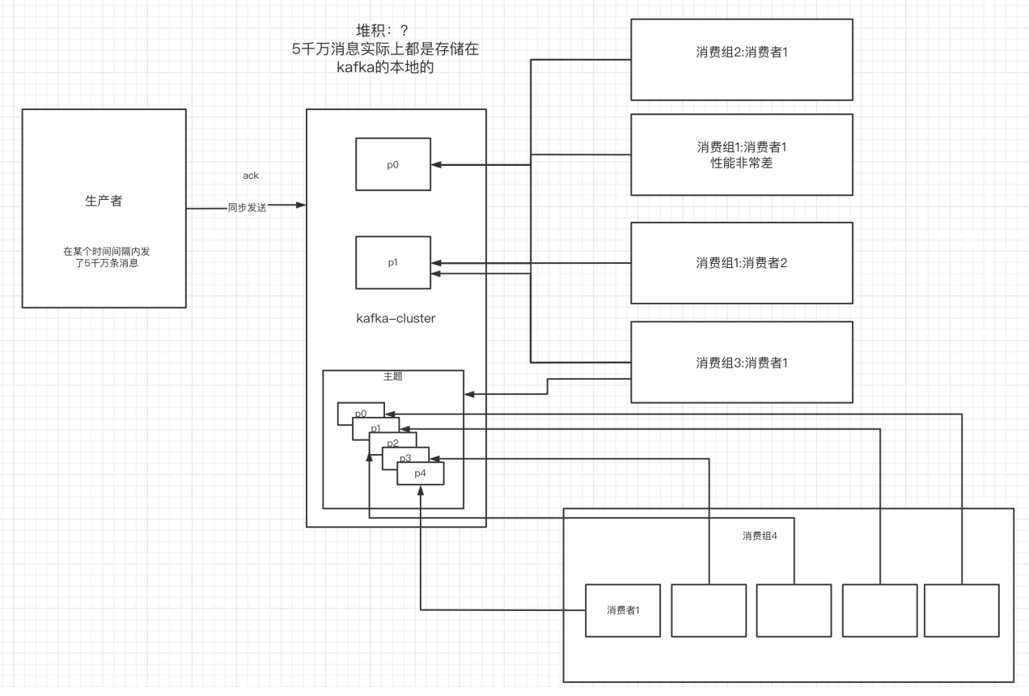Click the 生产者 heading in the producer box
point(104,201)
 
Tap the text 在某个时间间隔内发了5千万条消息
point(104,257)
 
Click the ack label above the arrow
point(251,176)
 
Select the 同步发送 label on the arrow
point(247,208)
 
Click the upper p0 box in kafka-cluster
point(393,164)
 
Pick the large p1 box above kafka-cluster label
point(393,262)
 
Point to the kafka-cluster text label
point(396,318)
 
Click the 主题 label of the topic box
point(393,376)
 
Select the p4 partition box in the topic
point(421,473)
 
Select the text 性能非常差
point(742,163)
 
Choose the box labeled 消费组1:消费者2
point(742,263)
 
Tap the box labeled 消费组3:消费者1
point(742,363)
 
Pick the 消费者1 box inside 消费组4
point(623,609)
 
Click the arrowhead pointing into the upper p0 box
point(438,165)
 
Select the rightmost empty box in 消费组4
point(962,609)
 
